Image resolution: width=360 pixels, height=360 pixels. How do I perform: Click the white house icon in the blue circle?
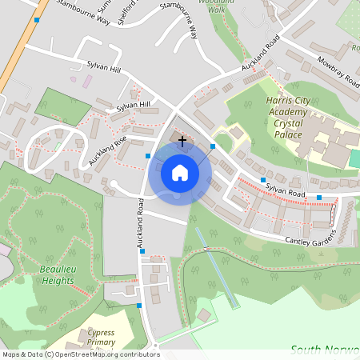click(180, 172)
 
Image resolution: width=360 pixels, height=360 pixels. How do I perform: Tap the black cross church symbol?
click(182, 142)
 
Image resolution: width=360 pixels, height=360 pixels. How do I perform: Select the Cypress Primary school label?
click(100, 336)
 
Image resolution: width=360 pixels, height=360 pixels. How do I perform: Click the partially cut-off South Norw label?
click(324, 349)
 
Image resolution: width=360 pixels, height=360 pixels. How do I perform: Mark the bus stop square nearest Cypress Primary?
click(139, 306)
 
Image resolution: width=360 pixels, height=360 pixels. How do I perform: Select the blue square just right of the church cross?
click(213, 146)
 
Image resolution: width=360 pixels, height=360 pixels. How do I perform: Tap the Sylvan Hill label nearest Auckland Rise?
click(133, 106)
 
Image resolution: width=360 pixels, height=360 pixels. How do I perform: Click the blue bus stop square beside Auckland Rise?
click(148, 155)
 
